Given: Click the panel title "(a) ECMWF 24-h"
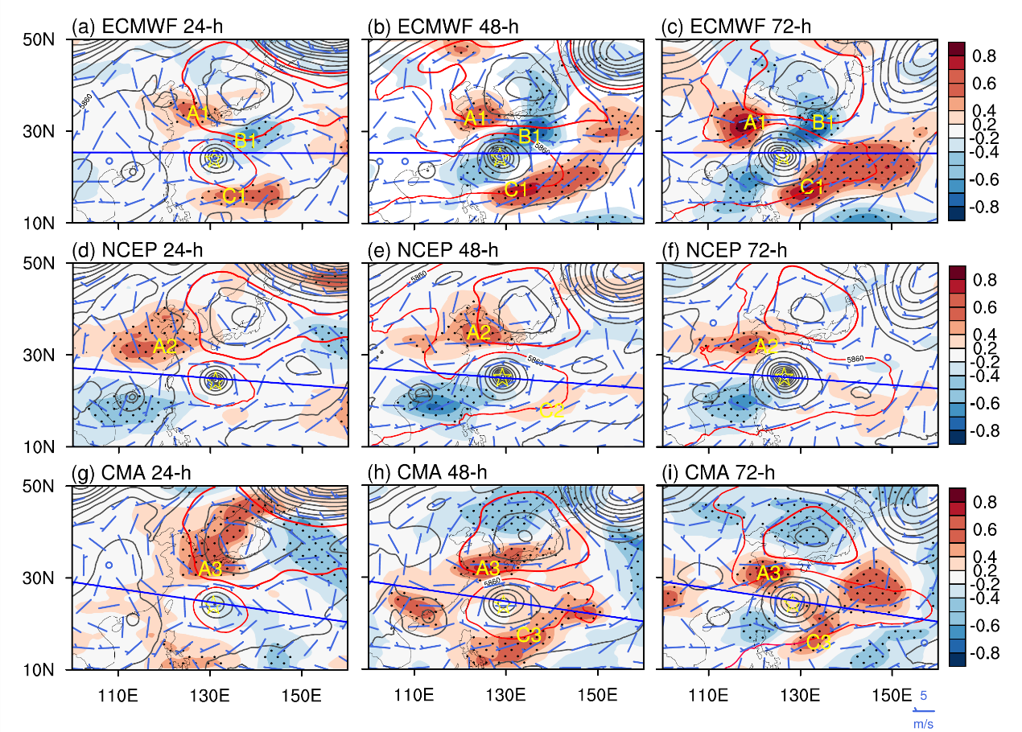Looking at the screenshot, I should [147, 27].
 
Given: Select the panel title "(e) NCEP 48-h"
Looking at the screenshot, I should [432, 250].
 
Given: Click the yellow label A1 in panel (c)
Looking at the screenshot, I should [754, 123].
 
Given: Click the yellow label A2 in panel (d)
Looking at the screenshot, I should [165, 347].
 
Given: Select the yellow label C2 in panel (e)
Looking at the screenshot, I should [551, 411].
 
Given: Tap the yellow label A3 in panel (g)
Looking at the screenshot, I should [211, 569].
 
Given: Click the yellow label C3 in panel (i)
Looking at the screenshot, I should [818, 642].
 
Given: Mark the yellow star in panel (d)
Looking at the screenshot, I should [215, 382].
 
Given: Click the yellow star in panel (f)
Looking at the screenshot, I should [786, 375].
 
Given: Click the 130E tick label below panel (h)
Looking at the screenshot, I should [505, 693].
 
